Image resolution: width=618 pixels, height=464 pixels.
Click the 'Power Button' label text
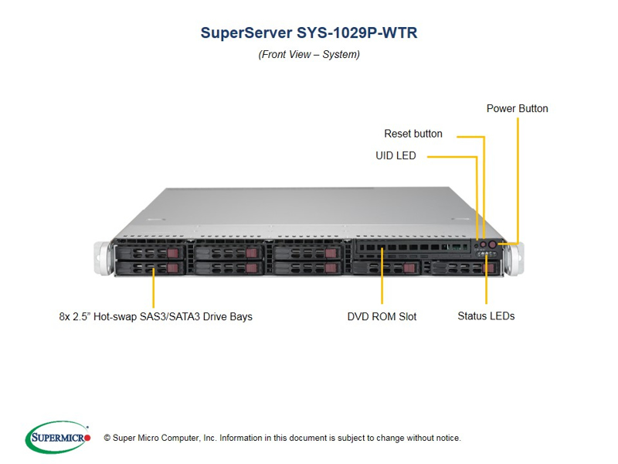pyautogui.click(x=517, y=108)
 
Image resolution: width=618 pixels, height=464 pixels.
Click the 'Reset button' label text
pyautogui.click(x=413, y=134)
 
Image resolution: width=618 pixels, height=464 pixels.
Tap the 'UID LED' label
pyautogui.click(x=396, y=155)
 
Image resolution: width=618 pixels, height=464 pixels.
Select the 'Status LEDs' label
pyautogui.click(x=486, y=316)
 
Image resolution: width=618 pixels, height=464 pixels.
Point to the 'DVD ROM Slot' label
pyautogui.click(x=382, y=316)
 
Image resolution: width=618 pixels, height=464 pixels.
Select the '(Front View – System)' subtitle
pyautogui.click(x=309, y=55)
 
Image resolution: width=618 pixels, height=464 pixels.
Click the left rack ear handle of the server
pyautogui.click(x=102, y=258)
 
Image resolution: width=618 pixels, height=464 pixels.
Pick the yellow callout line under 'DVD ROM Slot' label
pyautogui.click(x=382, y=286)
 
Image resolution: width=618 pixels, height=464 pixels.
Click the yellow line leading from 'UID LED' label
pyautogui.click(x=452, y=157)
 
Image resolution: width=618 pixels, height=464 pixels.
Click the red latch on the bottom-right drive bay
pyautogui.click(x=487, y=268)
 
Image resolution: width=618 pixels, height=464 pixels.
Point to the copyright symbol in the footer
pyautogui.click(x=107, y=438)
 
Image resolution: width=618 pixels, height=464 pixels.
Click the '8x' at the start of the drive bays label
pyautogui.click(x=65, y=316)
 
